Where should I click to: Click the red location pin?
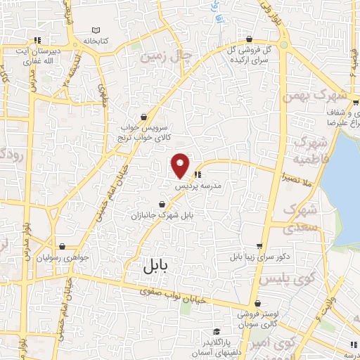click(x=181, y=165)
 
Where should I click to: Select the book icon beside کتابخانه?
click(x=96, y=30)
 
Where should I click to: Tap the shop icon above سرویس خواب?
click(x=144, y=117)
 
